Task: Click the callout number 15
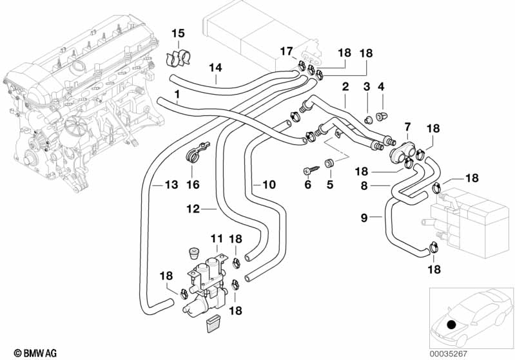point(177,33)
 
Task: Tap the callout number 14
point(215,67)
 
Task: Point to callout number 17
point(286,51)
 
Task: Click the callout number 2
point(345,86)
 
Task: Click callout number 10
point(269,185)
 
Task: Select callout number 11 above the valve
point(215,239)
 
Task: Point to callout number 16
point(193,185)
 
